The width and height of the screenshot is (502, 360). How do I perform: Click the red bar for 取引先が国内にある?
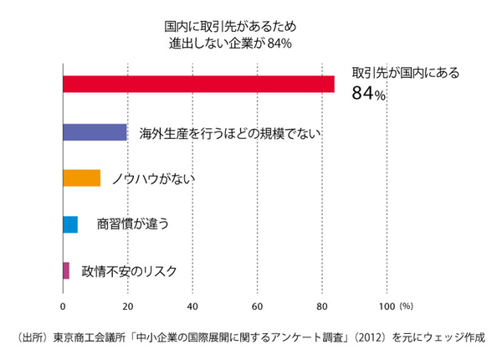pos(198,85)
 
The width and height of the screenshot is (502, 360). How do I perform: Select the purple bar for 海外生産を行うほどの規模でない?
pos(95,132)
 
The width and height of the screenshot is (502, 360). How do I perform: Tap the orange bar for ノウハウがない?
pos(81,178)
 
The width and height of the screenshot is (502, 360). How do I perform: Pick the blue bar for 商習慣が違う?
pos(70,224)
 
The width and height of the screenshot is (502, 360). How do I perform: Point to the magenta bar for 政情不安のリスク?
pos(66,270)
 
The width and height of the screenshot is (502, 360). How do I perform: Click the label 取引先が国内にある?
pos(405,74)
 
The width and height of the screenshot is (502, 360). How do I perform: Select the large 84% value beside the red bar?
pos(368,95)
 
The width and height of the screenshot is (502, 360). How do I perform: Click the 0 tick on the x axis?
pos(63,305)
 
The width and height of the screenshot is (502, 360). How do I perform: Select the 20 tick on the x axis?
pos(127,305)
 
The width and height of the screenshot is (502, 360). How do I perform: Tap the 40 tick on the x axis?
pos(192,305)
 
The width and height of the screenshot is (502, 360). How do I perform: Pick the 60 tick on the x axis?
pos(257,305)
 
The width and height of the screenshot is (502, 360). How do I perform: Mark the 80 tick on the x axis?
pos(321,305)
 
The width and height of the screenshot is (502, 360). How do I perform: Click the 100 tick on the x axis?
pos(386,305)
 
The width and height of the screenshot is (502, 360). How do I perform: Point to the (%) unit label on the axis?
pos(407,305)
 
